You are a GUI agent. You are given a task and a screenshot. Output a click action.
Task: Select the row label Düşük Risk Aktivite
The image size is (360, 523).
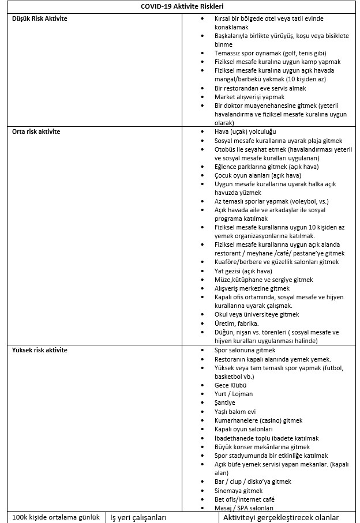coord(40,19)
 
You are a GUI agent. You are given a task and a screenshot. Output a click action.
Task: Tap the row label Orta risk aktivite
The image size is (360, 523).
coord(36,131)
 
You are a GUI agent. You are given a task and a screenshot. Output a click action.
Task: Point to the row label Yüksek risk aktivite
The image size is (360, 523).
coord(40,350)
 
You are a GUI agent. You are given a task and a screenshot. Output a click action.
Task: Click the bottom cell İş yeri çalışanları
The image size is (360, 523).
coord(138,517)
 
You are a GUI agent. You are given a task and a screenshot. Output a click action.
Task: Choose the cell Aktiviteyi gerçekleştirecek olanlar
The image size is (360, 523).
coord(281,517)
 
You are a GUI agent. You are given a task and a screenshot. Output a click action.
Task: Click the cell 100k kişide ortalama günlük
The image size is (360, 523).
coord(56,517)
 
